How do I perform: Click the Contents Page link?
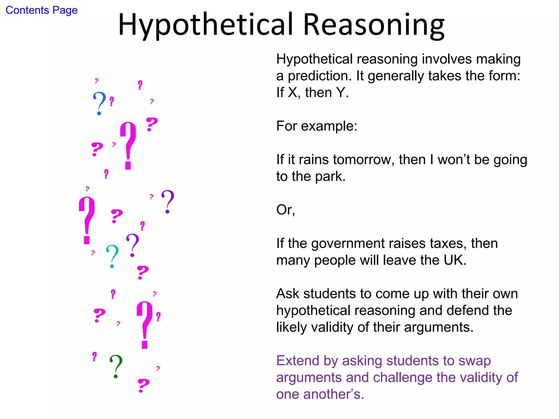(41, 10)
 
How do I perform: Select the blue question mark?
(99, 103)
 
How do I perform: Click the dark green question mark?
(116, 366)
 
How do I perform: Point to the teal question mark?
(112, 256)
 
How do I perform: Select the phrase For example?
(317, 126)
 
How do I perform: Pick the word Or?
(286, 210)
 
